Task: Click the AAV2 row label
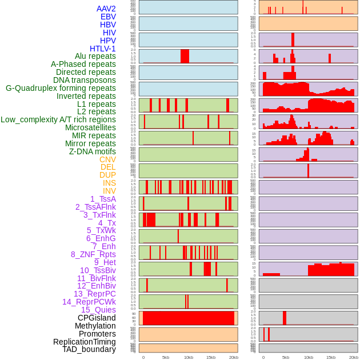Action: tap(106, 9)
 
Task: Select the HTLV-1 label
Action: tap(103, 49)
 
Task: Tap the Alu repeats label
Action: tap(95, 56)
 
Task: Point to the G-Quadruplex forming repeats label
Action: tap(61, 88)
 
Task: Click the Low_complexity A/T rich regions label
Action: tap(58, 119)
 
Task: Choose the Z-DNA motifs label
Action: tap(93, 151)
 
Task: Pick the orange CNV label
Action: tap(107, 159)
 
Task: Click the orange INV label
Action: tap(109, 191)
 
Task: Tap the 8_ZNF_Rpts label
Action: tap(93, 254)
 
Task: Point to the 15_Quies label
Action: tap(98, 310)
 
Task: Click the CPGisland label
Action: tap(97, 318)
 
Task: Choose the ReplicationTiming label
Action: tap(85, 342)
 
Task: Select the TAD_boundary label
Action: tap(89, 349)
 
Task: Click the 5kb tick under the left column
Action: tap(166, 358)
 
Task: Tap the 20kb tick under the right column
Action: tap(353, 358)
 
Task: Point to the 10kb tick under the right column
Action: tap(309, 358)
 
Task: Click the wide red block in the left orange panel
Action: tap(189, 318)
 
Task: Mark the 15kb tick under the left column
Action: tap(211, 358)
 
